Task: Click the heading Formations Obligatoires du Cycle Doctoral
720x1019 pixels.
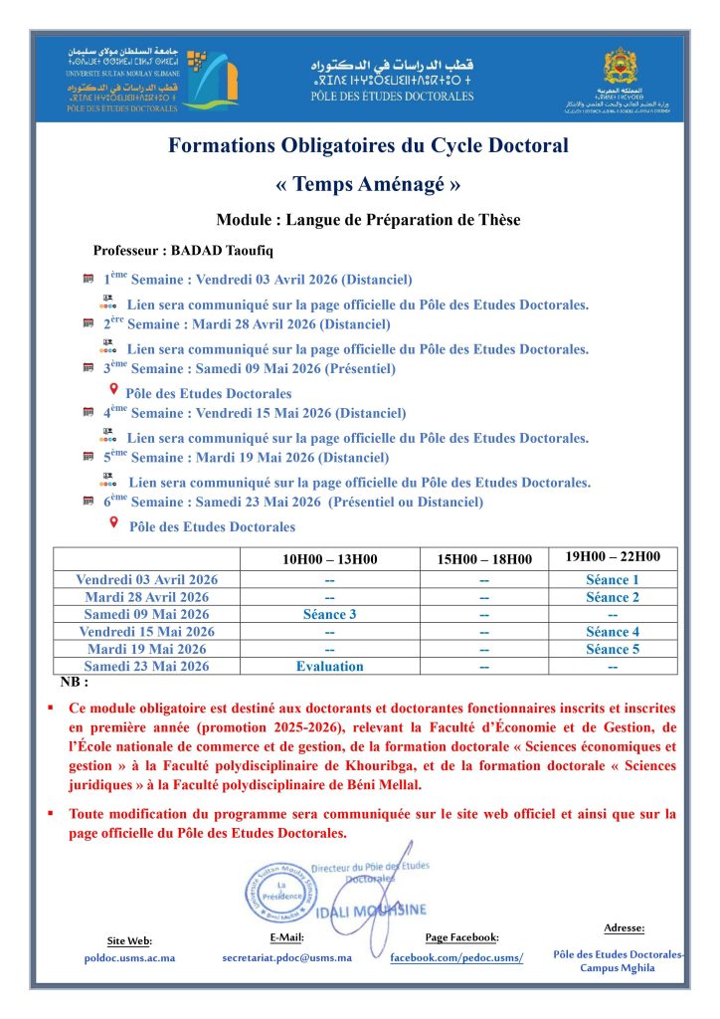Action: [x=368, y=146]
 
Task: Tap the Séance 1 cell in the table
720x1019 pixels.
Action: [x=612, y=580]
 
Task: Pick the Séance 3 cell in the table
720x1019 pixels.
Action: [x=329, y=614]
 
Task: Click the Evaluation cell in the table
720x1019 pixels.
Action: [x=329, y=666]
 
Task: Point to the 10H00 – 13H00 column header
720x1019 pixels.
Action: [x=329, y=559]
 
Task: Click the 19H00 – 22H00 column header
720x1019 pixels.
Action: [x=612, y=557]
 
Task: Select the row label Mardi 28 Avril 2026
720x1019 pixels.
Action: [x=146, y=597]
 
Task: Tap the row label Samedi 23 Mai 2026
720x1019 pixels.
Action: [x=146, y=666]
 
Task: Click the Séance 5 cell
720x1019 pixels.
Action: [x=612, y=649]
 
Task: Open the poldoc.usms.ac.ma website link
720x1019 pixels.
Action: [x=129, y=957]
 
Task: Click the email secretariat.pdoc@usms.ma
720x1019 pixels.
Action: [x=286, y=957]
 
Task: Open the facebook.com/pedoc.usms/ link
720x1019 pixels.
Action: [x=455, y=957]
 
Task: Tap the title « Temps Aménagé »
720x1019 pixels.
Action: [x=368, y=184]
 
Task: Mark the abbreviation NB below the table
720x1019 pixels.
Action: [x=75, y=683]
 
